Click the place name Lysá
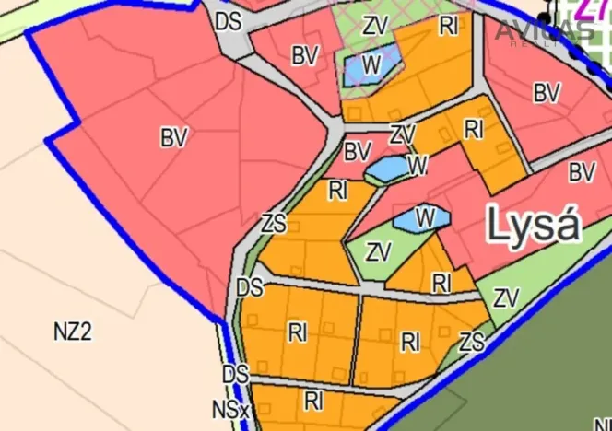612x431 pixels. [x=535, y=224]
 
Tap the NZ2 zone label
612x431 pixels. [x=73, y=332]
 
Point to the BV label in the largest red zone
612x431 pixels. [x=173, y=138]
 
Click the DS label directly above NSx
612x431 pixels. [x=235, y=375]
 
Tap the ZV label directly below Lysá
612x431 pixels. [x=506, y=298]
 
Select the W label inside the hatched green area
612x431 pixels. [x=372, y=64]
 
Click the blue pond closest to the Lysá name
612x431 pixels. [x=420, y=219]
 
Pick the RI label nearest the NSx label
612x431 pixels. [x=314, y=401]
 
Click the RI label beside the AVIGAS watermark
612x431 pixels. [x=449, y=26]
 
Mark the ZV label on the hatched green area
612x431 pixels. [x=375, y=26]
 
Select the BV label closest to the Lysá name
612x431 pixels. [x=582, y=172]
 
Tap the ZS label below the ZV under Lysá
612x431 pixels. [x=472, y=343]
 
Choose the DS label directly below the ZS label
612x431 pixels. [x=249, y=287]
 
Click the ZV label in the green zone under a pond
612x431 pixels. [x=379, y=251]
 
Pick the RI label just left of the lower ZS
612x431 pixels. [x=411, y=343]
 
